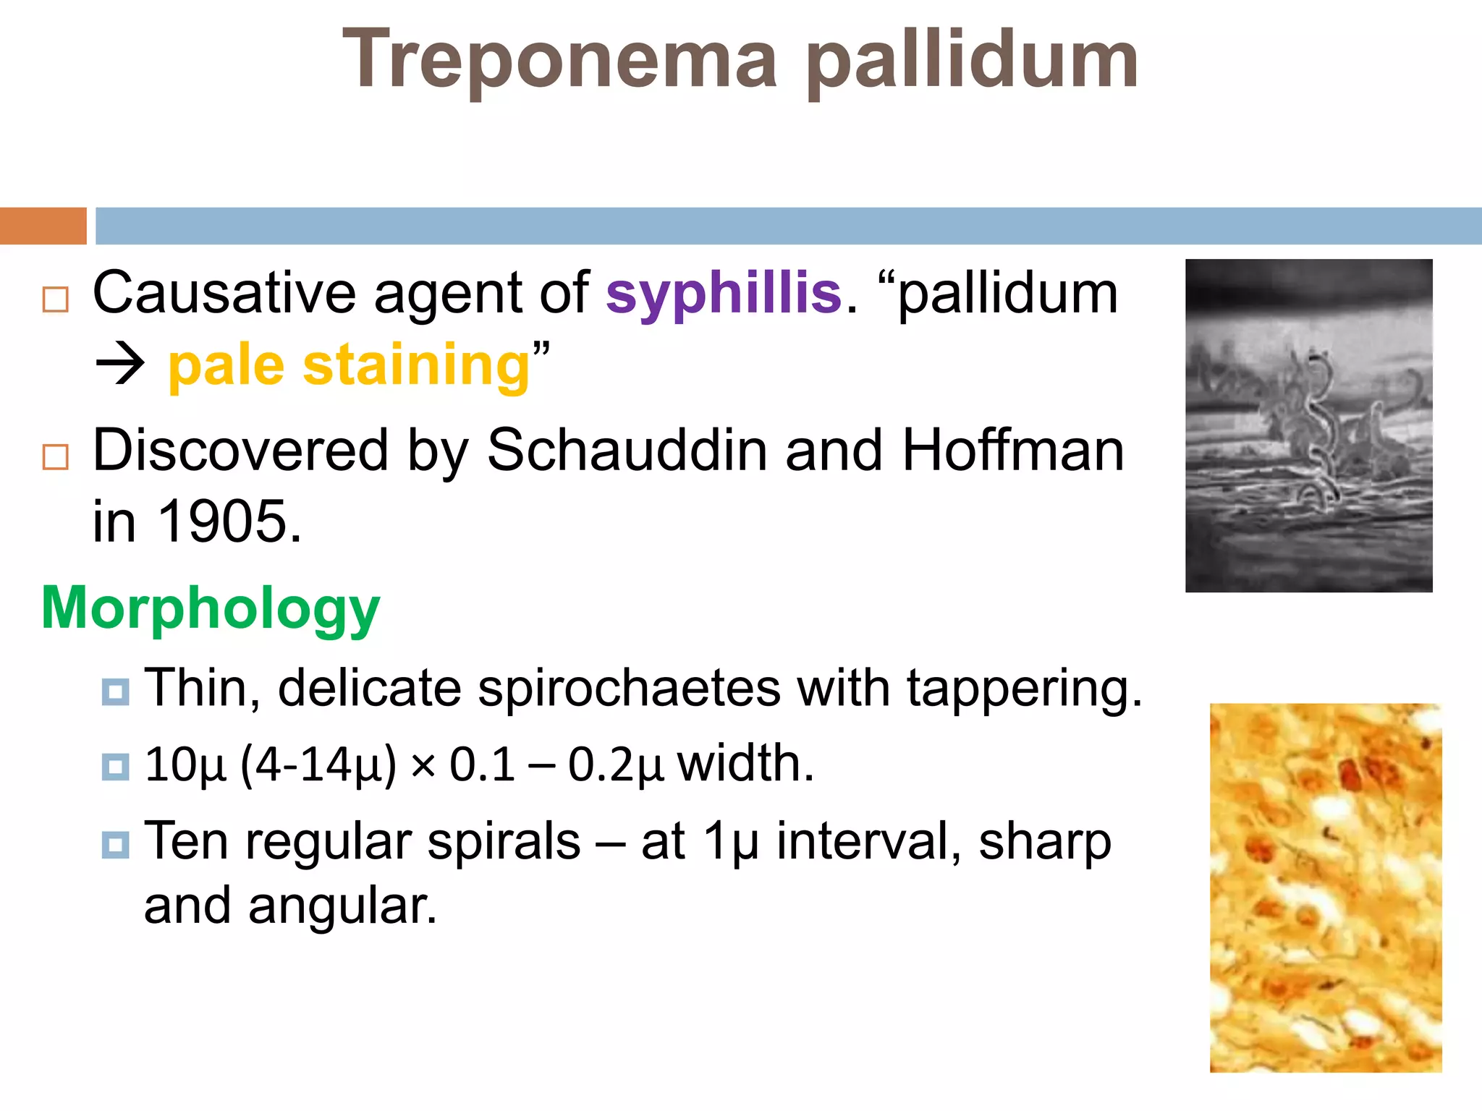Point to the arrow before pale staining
pyautogui.click(x=120, y=364)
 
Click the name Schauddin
pyautogui.click(x=627, y=451)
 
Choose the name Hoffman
pyautogui.click(x=1013, y=451)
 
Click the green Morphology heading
pyautogui.click(x=211, y=608)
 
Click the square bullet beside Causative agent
pyautogui.click(x=56, y=299)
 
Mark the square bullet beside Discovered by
pyautogui.click(x=56, y=457)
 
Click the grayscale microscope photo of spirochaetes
pyautogui.click(x=1308, y=425)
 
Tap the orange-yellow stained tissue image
pyautogui.click(x=1326, y=887)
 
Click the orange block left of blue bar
pyautogui.click(x=43, y=226)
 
